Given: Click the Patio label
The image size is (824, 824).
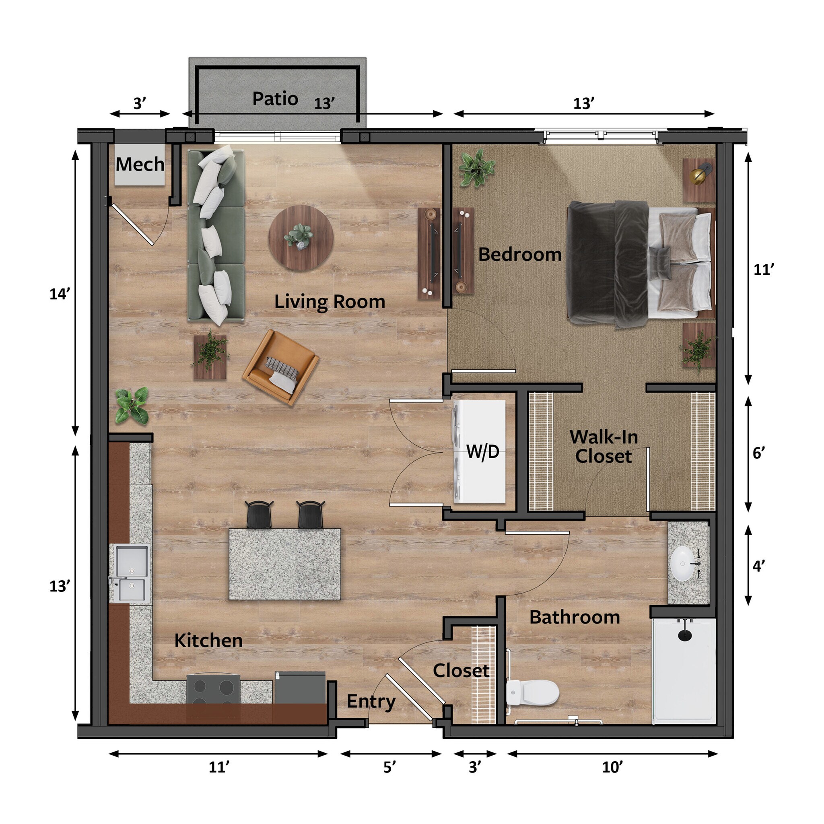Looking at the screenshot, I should point(275,99).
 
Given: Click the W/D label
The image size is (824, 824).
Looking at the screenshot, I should point(483,451).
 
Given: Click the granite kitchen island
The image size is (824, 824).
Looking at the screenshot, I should point(284,564).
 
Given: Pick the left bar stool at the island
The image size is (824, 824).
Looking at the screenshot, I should point(259,514).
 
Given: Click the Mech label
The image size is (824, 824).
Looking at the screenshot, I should point(140,165).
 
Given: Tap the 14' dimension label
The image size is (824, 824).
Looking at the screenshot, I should point(60,294).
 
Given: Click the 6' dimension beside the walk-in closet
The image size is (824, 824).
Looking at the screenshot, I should point(759,453).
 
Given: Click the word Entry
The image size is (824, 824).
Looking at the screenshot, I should point(371,701).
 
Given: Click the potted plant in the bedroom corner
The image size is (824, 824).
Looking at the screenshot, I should point(476,168).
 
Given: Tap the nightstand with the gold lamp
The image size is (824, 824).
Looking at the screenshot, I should point(698,180).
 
